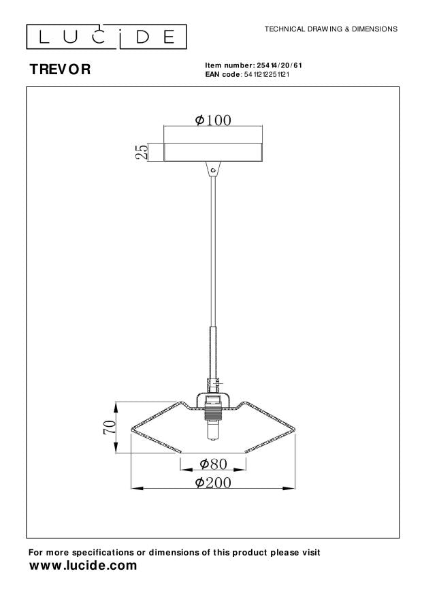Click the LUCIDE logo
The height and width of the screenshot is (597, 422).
[106, 37]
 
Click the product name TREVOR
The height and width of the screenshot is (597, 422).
[60, 69]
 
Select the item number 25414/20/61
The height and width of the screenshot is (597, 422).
[279, 65]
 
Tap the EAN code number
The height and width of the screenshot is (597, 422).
[266, 74]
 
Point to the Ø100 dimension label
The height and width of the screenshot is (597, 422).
[213, 120]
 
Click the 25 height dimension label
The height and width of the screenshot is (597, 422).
[142, 152]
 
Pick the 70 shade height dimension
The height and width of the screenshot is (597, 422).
[109, 427]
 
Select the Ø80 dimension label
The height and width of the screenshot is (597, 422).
[213, 464]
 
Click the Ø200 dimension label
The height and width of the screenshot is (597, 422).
[213, 483]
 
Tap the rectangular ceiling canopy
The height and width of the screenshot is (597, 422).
[213, 152]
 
